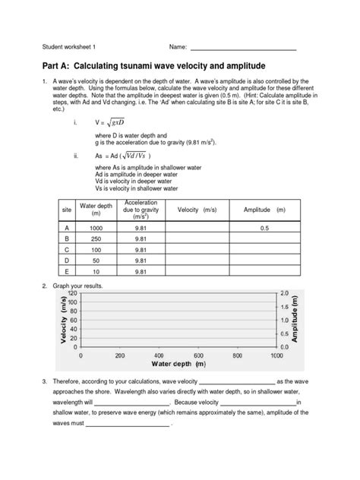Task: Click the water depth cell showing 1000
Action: coord(96,227)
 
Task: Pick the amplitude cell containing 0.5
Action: coord(264,227)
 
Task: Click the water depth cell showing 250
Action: coord(96,238)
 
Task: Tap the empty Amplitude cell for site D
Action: coord(264,259)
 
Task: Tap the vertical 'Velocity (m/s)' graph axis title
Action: coord(60,319)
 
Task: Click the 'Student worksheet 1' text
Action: coord(74,49)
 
